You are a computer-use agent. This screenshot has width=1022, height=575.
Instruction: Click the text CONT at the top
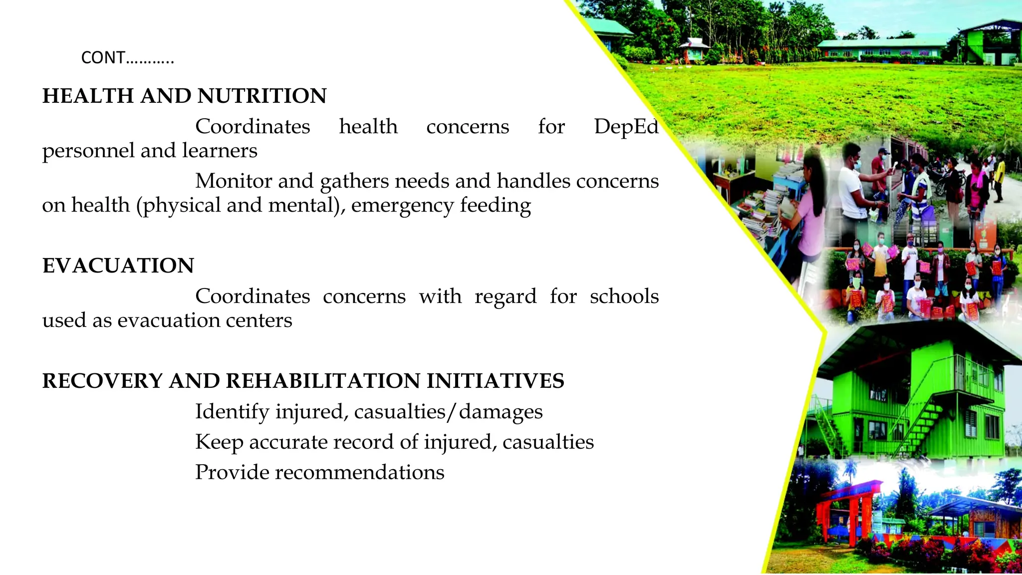[x=103, y=58]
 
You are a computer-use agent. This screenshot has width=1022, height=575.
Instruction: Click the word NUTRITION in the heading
[x=262, y=96]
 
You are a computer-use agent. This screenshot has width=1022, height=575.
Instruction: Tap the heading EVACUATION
[x=118, y=266]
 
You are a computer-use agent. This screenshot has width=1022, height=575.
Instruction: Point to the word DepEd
[x=626, y=127]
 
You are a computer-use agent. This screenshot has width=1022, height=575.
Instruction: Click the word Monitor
[x=234, y=181]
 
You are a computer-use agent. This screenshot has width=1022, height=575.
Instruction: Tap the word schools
[x=624, y=296]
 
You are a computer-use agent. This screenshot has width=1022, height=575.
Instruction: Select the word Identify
[x=232, y=412]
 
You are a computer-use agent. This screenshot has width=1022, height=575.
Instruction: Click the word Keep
[x=219, y=442]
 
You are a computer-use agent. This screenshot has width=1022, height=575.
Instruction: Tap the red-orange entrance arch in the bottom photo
[x=848, y=504]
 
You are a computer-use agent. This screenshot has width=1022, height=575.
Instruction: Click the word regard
[x=505, y=296]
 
